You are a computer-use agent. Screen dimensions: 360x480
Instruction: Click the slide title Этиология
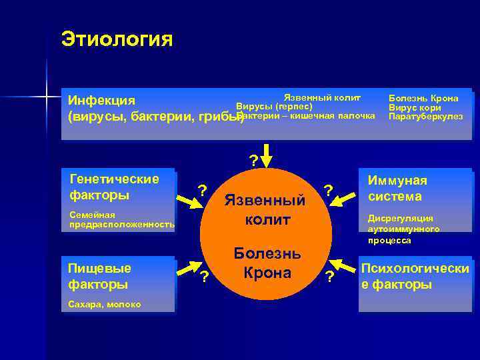(x=117, y=39)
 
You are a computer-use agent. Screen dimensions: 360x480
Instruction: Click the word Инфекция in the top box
(x=102, y=100)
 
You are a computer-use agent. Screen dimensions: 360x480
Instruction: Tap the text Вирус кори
(x=415, y=107)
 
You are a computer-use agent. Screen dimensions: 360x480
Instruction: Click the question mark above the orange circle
(x=253, y=160)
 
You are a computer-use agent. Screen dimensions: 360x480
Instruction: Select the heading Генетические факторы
(x=114, y=187)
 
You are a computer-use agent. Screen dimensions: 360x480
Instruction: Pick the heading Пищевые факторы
(x=99, y=276)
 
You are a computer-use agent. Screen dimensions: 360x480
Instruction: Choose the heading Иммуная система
(x=397, y=188)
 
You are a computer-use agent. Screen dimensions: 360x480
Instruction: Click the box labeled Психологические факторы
(x=415, y=276)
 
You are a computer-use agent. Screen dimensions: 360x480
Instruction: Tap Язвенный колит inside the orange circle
(x=266, y=209)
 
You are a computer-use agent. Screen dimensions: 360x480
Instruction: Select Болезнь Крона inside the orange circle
(x=267, y=263)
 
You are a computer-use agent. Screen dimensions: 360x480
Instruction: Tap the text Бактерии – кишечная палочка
(x=305, y=116)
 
